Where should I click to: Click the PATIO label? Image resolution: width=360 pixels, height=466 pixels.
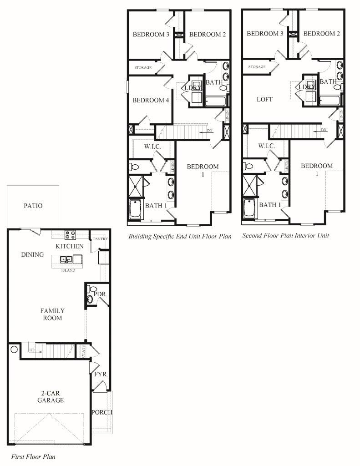click(x=33, y=206)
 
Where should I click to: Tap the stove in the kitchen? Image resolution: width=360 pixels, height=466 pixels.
click(x=71, y=235)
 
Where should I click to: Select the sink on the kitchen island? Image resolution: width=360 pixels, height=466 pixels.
click(x=67, y=260)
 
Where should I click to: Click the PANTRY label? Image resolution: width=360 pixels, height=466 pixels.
click(x=100, y=239)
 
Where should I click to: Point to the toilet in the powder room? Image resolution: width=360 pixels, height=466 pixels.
click(x=92, y=289)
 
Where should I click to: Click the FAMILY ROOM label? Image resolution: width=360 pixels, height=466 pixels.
click(x=52, y=314)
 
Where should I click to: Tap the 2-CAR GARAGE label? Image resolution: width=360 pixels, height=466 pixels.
click(x=50, y=396)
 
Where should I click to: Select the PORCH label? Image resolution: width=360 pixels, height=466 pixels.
click(x=101, y=412)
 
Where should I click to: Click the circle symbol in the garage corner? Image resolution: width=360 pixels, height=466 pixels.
click(x=14, y=349)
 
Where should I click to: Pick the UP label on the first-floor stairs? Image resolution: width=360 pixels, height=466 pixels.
click(x=31, y=350)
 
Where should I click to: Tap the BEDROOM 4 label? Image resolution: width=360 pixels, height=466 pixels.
click(x=151, y=100)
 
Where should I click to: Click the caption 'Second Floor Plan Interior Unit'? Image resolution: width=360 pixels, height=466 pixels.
click(x=285, y=236)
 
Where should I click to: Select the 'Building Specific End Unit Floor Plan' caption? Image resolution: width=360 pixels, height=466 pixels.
click(x=180, y=236)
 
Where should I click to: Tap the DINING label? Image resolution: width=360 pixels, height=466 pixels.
click(x=32, y=254)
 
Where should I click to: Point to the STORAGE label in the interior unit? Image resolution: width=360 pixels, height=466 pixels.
click(x=257, y=67)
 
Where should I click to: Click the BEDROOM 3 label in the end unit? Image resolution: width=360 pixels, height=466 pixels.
click(x=151, y=34)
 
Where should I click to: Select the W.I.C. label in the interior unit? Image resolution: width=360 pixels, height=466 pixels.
click(x=266, y=146)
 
